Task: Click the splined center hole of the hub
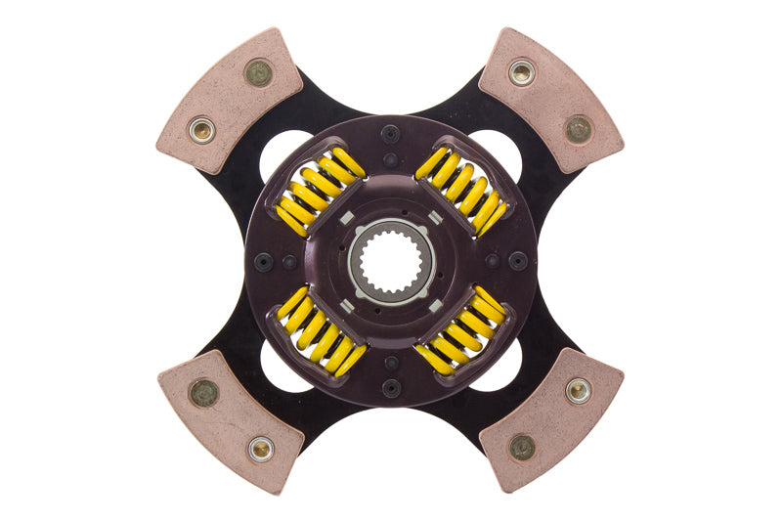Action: pyautogui.click(x=391, y=260)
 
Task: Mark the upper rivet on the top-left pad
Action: pyautogui.click(x=258, y=72)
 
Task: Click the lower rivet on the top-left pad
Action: pyautogui.click(x=202, y=129)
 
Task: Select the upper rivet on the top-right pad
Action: pyautogui.click(x=522, y=71)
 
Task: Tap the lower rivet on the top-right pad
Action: pyautogui.click(x=579, y=128)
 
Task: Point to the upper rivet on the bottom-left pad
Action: pyautogui.click(x=203, y=392)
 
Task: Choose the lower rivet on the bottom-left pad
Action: pyautogui.click(x=259, y=449)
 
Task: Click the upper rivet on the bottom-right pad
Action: pyautogui.click(x=578, y=391)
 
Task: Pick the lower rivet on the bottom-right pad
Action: pyautogui.click(x=522, y=448)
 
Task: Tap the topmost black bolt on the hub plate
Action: pyautogui.click(x=391, y=135)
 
